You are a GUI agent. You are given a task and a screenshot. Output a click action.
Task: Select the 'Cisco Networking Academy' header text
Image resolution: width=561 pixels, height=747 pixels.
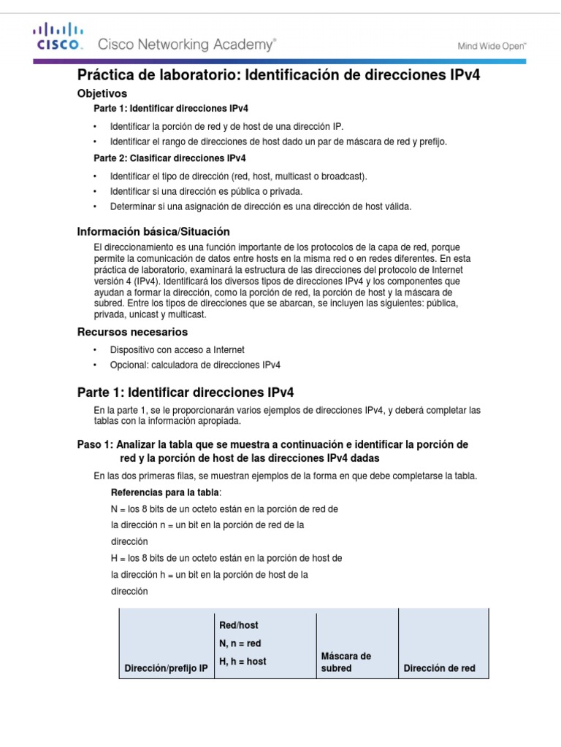[187, 44]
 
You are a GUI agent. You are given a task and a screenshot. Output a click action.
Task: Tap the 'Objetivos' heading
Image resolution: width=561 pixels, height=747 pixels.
[102, 93]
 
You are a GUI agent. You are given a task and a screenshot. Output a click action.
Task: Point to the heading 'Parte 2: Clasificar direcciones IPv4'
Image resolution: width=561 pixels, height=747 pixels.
[169, 158]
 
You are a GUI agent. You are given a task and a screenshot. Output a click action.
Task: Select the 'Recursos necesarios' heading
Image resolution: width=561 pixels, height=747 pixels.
[133, 332]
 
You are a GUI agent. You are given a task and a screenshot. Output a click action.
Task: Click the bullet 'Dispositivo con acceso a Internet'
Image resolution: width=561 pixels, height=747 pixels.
[177, 350]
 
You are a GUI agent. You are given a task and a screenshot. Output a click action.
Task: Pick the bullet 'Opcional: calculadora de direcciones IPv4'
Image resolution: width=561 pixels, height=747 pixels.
[195, 365]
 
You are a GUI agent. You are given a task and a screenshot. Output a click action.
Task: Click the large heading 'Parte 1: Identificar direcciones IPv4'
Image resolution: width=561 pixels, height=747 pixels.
[186, 392]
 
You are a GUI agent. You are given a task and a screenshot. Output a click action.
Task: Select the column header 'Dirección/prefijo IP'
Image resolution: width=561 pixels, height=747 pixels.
[166, 667]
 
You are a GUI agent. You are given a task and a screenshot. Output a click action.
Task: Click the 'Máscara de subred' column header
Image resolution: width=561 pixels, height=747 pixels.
[346, 662]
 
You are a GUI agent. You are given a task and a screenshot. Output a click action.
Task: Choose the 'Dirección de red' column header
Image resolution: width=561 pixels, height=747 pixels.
[439, 667]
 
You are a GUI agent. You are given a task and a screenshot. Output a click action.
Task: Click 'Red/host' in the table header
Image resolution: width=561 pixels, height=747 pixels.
[239, 625]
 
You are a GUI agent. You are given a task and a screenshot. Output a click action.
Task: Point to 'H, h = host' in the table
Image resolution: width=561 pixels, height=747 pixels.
[243, 662]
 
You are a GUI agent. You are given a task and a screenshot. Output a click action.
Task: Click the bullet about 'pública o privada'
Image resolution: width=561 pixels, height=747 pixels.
[206, 191]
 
